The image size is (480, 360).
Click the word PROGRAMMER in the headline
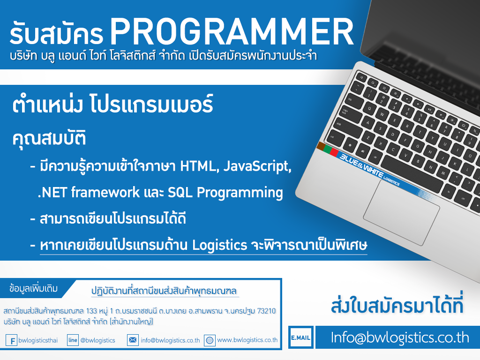[232, 32]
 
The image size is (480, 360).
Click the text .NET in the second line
[52, 193]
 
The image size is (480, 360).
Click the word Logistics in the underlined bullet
[219, 245]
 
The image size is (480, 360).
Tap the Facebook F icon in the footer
[11, 340]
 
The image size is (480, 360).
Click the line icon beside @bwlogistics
[73, 340]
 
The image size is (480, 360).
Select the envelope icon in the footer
[133, 340]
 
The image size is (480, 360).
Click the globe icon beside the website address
[210, 340]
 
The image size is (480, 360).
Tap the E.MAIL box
[300, 337]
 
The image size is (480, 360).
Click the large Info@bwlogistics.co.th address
[400, 337]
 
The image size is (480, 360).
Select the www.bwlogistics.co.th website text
[247, 340]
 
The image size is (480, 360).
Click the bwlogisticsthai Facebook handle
[38, 340]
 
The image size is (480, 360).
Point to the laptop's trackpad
[401, 212]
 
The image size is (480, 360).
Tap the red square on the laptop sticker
[334, 152]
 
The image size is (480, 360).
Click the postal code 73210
[266, 311]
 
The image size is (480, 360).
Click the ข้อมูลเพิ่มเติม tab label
[33, 289]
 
